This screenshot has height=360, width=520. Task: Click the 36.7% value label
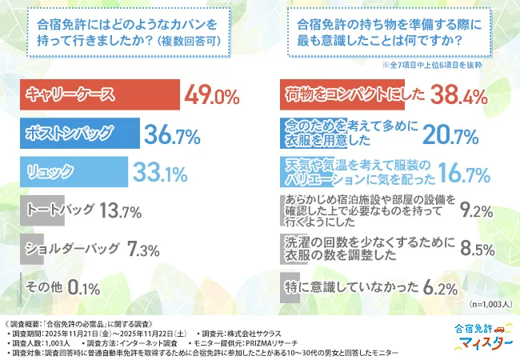coord(173,135)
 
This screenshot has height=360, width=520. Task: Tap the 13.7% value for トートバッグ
coord(121,211)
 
